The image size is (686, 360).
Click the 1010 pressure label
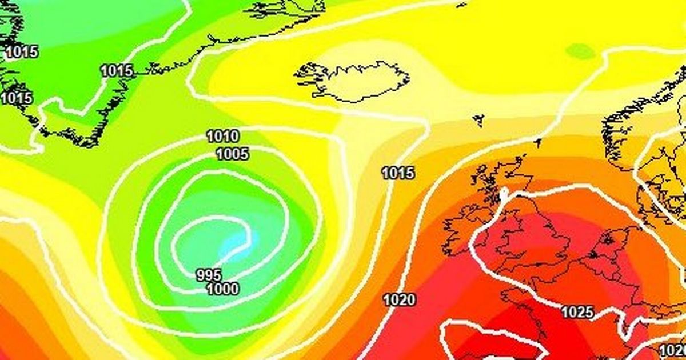point(223,137)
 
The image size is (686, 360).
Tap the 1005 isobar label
point(232,154)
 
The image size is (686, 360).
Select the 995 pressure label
point(209,275)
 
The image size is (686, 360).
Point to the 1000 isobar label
point(222,289)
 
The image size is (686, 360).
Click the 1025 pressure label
point(577,313)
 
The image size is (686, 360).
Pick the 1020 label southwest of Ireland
point(399,299)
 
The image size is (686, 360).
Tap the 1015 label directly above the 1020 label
point(398,173)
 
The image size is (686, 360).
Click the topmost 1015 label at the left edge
point(22,52)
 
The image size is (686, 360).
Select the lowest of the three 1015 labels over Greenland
point(16,98)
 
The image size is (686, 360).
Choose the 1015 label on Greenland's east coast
point(117,71)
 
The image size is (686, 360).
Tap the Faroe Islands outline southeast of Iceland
point(478,120)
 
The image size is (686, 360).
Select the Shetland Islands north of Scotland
point(537,142)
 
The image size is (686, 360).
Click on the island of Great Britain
point(532,229)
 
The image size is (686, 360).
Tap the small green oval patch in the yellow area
point(580,51)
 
